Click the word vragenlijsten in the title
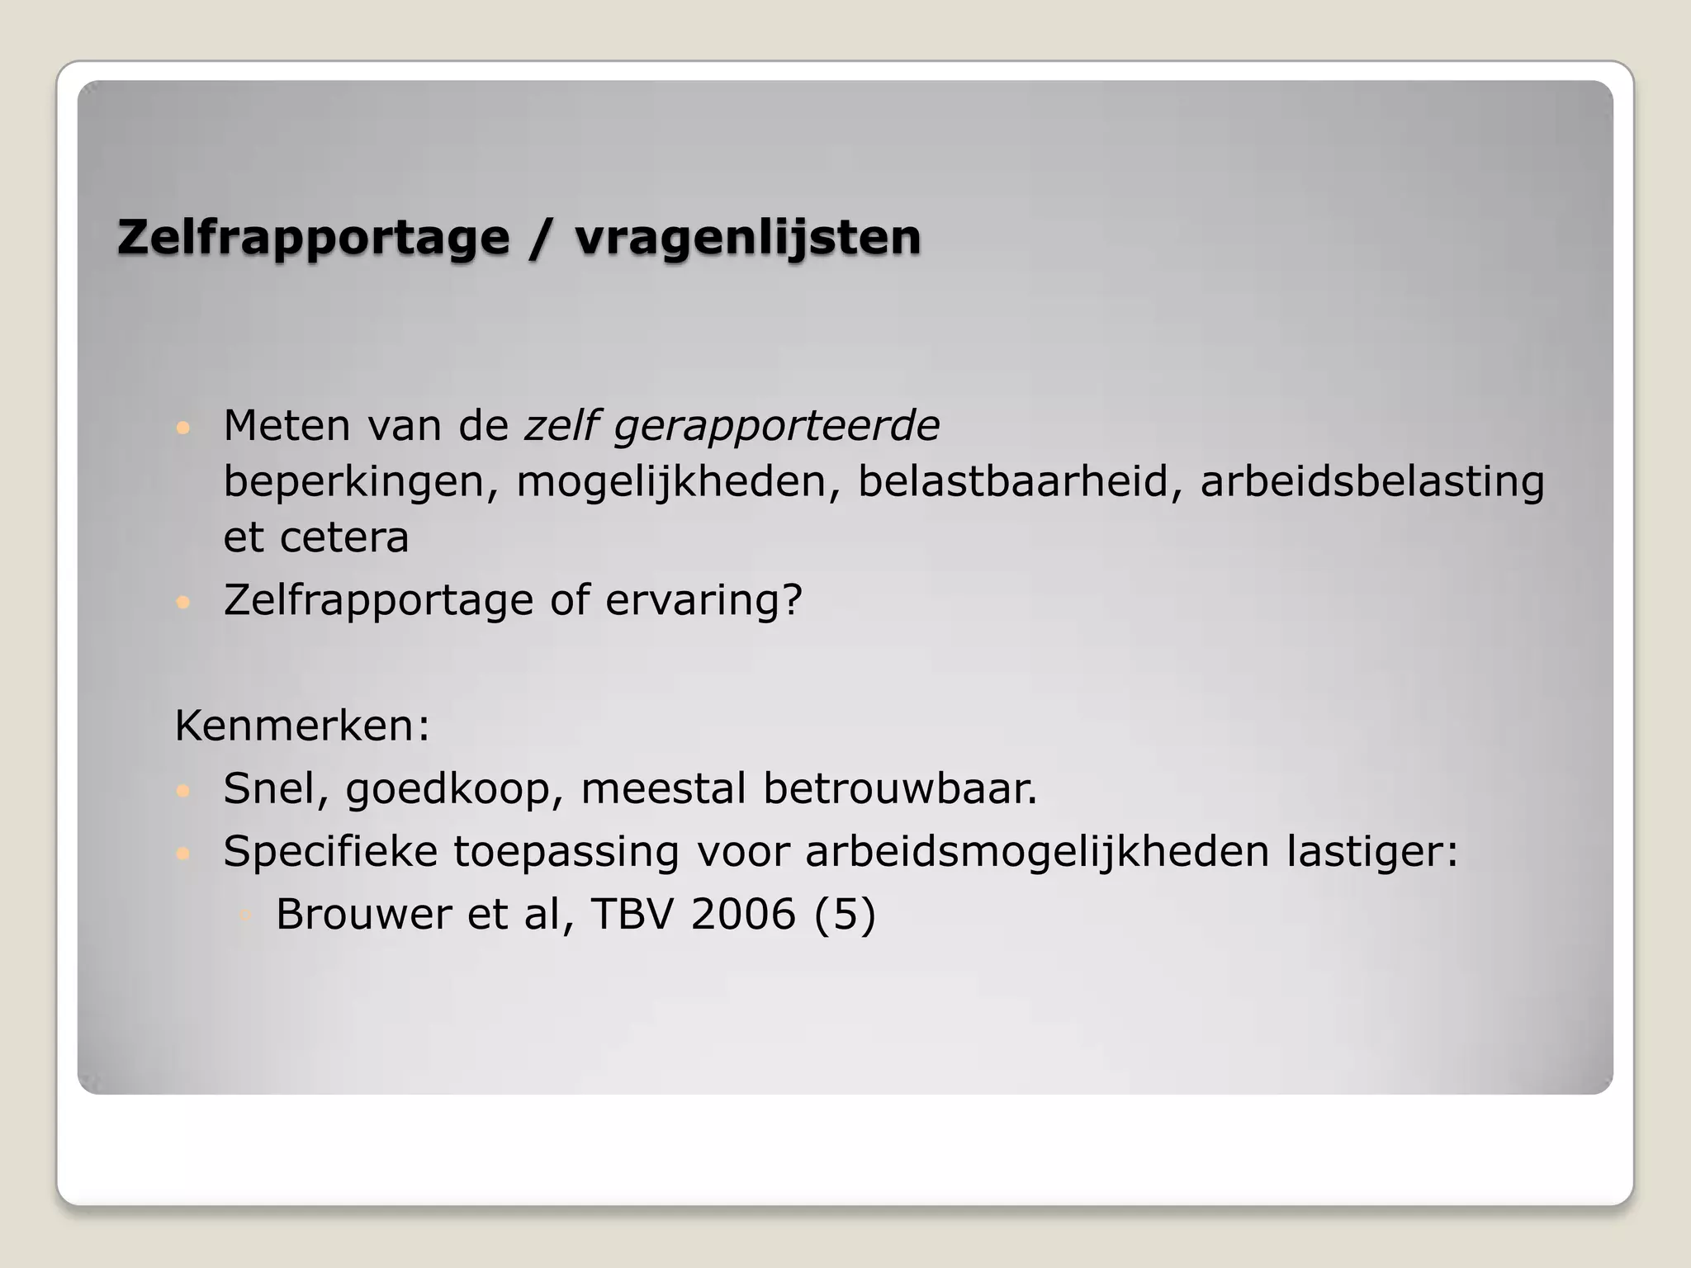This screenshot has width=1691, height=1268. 747,238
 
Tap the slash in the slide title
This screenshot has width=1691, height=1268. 542,238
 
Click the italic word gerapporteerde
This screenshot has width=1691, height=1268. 776,427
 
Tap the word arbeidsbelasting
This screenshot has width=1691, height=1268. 1371,483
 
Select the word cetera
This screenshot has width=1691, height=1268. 344,538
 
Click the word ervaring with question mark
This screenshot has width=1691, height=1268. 703,601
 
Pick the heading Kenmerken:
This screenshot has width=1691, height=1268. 302,726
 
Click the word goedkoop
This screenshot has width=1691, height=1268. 454,789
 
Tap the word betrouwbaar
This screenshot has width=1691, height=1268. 899,789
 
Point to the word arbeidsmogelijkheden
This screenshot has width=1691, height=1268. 1037,852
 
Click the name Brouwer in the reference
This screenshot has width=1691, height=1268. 362,915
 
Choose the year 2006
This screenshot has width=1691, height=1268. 743,915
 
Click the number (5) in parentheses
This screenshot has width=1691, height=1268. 844,915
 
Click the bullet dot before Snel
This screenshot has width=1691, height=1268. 183,791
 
